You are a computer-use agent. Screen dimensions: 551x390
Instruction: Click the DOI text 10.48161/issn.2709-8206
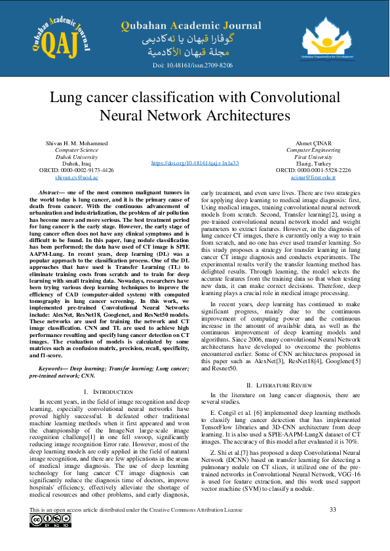point(193,66)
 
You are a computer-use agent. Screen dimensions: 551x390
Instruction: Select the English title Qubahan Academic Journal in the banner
point(191,26)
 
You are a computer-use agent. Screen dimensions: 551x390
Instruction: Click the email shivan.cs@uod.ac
point(77,177)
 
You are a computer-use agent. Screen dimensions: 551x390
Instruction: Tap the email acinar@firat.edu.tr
point(313,177)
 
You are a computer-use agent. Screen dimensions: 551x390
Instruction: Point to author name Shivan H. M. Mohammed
point(77,143)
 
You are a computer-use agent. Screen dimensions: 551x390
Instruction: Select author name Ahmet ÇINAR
point(313,143)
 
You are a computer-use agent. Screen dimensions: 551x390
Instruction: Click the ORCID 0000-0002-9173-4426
point(77,169)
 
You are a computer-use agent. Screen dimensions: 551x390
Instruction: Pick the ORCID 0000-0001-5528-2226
point(313,169)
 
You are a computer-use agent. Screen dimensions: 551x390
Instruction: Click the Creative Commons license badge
point(50,521)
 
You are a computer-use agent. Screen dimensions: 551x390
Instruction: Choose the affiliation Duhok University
point(77,156)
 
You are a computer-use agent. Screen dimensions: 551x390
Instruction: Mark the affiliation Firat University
point(313,156)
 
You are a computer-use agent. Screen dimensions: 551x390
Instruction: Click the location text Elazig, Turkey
point(313,163)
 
